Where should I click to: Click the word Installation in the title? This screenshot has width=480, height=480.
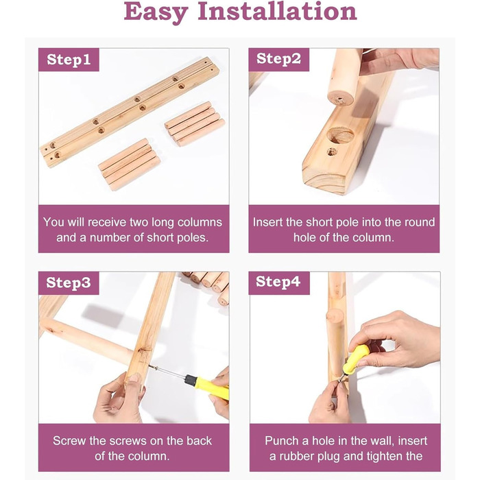click(x=277, y=11)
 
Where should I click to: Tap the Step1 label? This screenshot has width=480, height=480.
click(x=69, y=60)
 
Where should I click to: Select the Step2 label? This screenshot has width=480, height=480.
click(x=278, y=59)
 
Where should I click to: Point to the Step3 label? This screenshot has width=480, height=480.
click(x=69, y=283)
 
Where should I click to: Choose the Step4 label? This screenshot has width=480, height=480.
click(x=278, y=282)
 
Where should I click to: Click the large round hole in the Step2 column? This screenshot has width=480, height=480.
click(x=340, y=135)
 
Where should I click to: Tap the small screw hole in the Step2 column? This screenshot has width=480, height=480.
click(x=332, y=152)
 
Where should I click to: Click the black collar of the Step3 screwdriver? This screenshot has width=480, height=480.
click(x=190, y=380)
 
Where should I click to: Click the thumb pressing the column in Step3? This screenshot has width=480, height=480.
click(x=134, y=382)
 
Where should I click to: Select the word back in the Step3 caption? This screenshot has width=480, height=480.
click(x=199, y=441)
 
